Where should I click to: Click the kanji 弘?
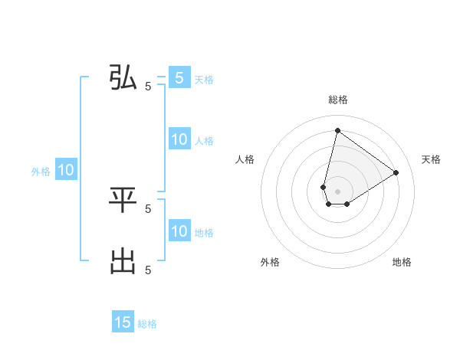pos(123,78)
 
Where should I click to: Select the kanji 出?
pos(123,262)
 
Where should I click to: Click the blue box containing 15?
pos(123,322)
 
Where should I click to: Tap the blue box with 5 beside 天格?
pos(179,77)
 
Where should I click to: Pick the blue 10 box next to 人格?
pos(179,139)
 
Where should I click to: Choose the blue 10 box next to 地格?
pos(179,231)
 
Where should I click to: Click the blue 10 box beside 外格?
pos(65,170)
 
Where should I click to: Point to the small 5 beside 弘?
pos(148,87)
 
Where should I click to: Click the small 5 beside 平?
pos(148,208)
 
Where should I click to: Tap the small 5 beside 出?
pos(148,270)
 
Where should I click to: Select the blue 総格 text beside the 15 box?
pos(147,324)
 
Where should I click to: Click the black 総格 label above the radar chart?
pos(338,100)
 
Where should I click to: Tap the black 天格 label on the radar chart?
pos(431,159)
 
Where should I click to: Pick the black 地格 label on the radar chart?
pos(402,262)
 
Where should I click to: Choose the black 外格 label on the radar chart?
pos(270,262)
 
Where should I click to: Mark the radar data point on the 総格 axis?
pos(337,130)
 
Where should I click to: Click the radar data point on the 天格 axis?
pos(396,172)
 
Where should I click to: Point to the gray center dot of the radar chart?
pos(337,191)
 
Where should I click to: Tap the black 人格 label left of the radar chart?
pos(245,159)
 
